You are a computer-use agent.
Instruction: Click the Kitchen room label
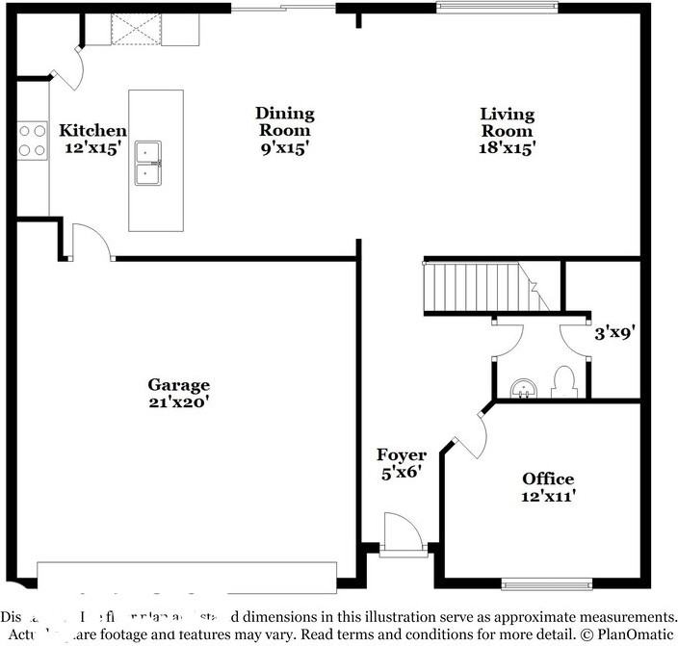[x=92, y=131]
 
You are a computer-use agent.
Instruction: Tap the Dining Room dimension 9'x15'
[x=284, y=148]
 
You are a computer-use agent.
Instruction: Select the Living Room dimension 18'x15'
[x=507, y=148]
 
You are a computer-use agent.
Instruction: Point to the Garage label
[x=178, y=385]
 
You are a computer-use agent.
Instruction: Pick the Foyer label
[x=401, y=455]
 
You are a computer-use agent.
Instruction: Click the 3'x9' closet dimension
[x=613, y=333]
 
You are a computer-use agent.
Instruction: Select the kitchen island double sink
[x=147, y=163]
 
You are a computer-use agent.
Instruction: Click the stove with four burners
[x=32, y=138]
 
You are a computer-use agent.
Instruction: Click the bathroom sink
[x=523, y=388]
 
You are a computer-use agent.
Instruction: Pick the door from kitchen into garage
[x=91, y=242]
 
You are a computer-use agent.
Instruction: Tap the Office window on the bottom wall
[x=546, y=582]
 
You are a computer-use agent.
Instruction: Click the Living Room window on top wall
[x=497, y=8]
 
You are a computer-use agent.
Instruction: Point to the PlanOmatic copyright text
[x=625, y=635]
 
